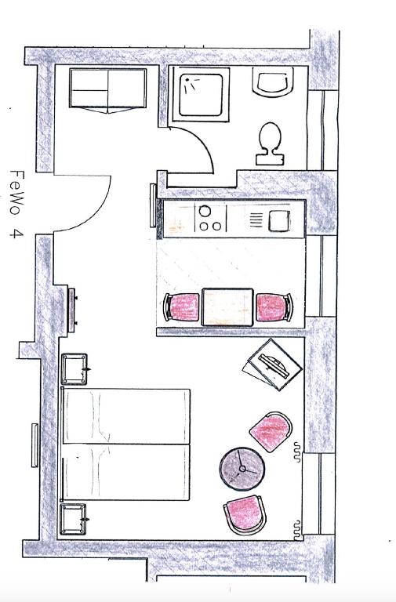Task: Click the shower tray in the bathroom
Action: click(201, 94)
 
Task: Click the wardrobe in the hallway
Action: click(108, 91)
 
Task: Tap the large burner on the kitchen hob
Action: click(205, 211)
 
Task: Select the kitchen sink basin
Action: click(279, 221)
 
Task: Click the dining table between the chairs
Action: click(227, 307)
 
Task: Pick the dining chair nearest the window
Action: click(274, 307)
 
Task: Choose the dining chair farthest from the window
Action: click(182, 307)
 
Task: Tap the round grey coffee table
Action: click(242, 469)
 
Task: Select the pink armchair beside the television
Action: click(271, 432)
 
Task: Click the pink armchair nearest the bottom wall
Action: click(245, 514)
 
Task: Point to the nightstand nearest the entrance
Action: click(74, 369)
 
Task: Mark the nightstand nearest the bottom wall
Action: click(73, 519)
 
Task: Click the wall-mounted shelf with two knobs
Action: click(72, 310)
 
